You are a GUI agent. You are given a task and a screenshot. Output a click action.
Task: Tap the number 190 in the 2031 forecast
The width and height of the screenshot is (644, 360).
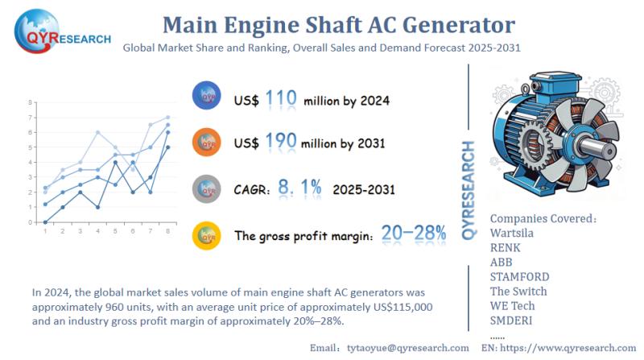coord(280,142)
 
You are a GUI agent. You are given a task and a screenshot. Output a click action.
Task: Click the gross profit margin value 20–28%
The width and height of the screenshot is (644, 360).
coord(414,234)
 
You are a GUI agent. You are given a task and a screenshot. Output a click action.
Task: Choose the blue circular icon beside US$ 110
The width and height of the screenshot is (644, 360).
coord(208,97)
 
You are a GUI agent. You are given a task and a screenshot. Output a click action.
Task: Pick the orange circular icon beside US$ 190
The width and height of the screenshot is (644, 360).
coord(208,142)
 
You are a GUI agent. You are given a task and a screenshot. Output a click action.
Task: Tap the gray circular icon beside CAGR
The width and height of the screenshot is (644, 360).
coord(208,188)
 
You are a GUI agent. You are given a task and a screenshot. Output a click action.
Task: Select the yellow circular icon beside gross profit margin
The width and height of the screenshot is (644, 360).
coord(208,235)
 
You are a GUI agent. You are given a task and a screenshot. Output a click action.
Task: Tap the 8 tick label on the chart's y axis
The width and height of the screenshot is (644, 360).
coord(30,103)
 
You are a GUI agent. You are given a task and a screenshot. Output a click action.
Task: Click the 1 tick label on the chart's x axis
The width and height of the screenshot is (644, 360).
coord(45,230)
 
